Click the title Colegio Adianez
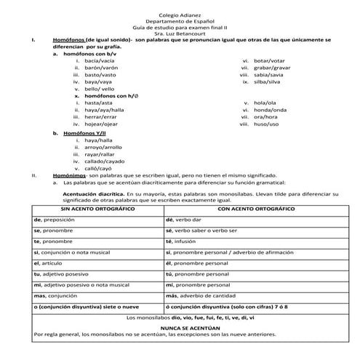pyautogui.click(x=180, y=14)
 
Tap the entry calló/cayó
pyautogui.click(x=100, y=168)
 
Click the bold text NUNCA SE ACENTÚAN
pyautogui.click(x=180, y=329)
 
